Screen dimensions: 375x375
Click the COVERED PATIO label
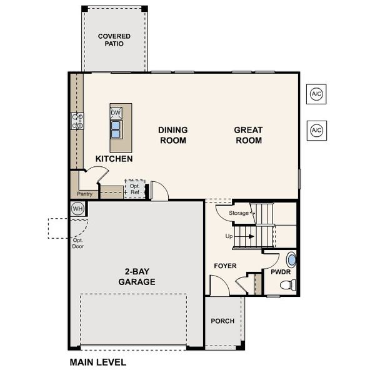click(x=114, y=41)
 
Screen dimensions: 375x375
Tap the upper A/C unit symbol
click(x=316, y=94)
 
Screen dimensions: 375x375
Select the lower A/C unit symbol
click(x=316, y=130)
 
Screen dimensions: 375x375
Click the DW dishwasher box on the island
click(x=116, y=113)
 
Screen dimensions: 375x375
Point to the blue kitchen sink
click(x=116, y=129)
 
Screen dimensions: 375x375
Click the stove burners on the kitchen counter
click(x=78, y=121)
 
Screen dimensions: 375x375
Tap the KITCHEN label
click(x=114, y=159)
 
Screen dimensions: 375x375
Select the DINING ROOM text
click(x=173, y=135)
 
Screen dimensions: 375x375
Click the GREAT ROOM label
click(x=248, y=135)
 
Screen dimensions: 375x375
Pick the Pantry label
click(x=84, y=194)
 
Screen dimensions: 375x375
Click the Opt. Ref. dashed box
click(x=134, y=189)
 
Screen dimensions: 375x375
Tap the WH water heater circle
click(x=77, y=208)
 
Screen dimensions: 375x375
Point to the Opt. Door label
click(x=78, y=243)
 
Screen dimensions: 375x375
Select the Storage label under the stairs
click(x=238, y=213)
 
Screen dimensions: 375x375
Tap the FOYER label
click(x=225, y=266)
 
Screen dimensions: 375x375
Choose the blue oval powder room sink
click(x=291, y=259)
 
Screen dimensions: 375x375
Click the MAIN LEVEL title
click(x=97, y=362)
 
